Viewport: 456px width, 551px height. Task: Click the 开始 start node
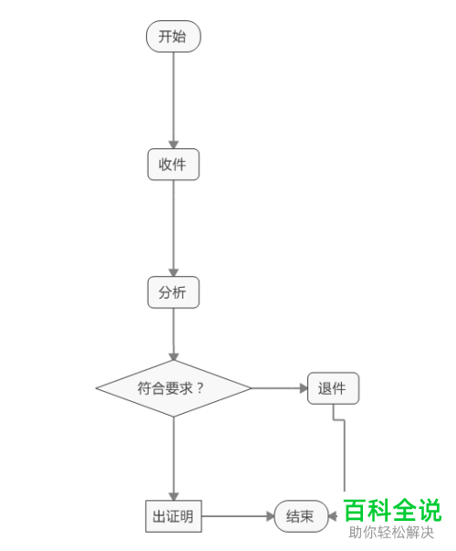point(173,37)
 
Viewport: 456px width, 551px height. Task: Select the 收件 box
point(173,164)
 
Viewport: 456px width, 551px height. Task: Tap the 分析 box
point(173,293)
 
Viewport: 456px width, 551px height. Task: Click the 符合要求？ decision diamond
point(173,387)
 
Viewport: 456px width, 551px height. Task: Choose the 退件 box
point(333,387)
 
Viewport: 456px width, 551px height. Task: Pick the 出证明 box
point(173,516)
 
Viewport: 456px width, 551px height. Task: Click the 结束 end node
point(301,516)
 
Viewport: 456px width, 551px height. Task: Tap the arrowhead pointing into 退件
point(303,387)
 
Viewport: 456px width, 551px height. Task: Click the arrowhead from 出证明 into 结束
point(270,516)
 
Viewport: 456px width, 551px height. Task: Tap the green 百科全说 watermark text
point(392,510)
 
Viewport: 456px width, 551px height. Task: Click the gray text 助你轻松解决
point(391,533)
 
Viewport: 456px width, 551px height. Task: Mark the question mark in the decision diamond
point(200,387)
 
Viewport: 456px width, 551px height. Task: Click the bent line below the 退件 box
point(345,457)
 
